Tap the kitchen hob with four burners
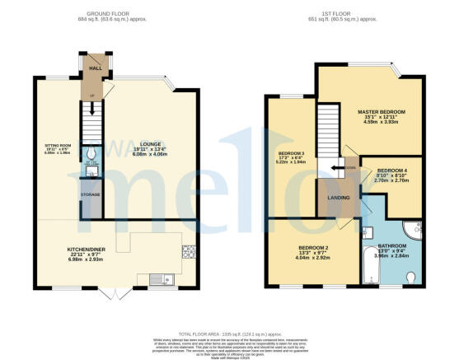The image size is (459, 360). pos(190,250)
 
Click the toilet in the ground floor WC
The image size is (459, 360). pos(91,153)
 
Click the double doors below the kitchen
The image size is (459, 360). pos(121,293)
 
